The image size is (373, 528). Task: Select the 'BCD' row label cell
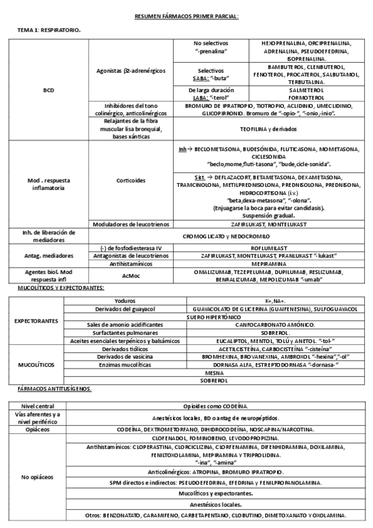[49, 90]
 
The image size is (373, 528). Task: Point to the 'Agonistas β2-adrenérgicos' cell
[131, 71]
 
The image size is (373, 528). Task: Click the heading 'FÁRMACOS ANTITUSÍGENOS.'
[52, 388]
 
